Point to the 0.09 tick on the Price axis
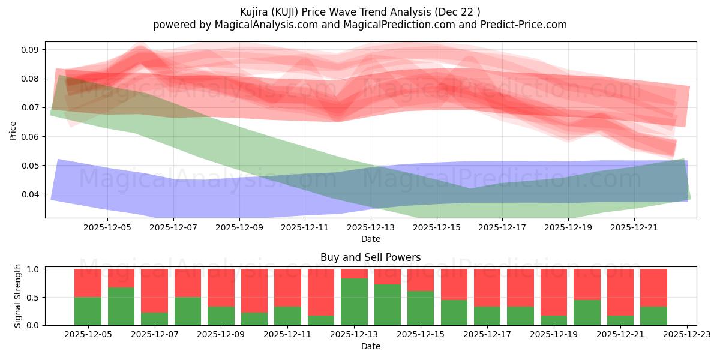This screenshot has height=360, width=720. [31, 50]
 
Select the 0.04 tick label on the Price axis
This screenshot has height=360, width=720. [31, 194]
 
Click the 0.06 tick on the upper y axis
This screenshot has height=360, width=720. [31, 137]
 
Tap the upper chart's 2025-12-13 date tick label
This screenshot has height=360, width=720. [370, 228]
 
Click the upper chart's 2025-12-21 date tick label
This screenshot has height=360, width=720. [634, 228]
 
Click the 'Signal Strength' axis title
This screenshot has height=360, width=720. [18, 296]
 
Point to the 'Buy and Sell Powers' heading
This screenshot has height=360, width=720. [370, 257]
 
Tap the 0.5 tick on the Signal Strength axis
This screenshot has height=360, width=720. [33, 298]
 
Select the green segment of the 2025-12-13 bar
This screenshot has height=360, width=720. [354, 302]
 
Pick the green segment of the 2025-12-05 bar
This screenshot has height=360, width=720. [88, 311]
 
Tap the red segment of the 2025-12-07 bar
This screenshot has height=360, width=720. [154, 290]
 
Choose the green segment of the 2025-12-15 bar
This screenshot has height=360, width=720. [421, 308]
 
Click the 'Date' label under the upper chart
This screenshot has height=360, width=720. [370, 239]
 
